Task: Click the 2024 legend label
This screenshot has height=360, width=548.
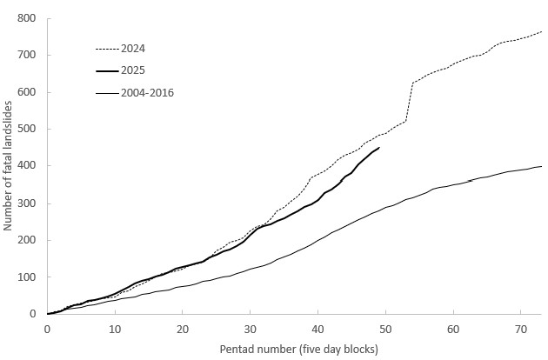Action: tap(134, 47)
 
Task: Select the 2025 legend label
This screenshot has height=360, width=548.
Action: tap(134, 70)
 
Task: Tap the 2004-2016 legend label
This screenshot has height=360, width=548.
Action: tap(148, 92)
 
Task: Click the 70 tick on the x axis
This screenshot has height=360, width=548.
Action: tap(521, 330)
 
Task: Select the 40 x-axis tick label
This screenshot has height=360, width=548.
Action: tap(317, 330)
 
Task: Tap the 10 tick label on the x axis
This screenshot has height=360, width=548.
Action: tap(115, 330)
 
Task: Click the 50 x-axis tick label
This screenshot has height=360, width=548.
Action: tap(385, 330)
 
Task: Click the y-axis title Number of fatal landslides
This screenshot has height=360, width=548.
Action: tap(8, 165)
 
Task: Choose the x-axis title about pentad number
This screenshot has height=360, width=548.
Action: tap(294, 350)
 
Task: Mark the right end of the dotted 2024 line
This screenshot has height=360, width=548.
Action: tap(541, 32)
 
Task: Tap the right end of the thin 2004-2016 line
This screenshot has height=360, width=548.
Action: tap(541, 166)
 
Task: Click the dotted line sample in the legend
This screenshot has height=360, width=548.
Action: tap(106, 47)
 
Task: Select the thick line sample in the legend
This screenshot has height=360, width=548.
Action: tap(106, 70)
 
